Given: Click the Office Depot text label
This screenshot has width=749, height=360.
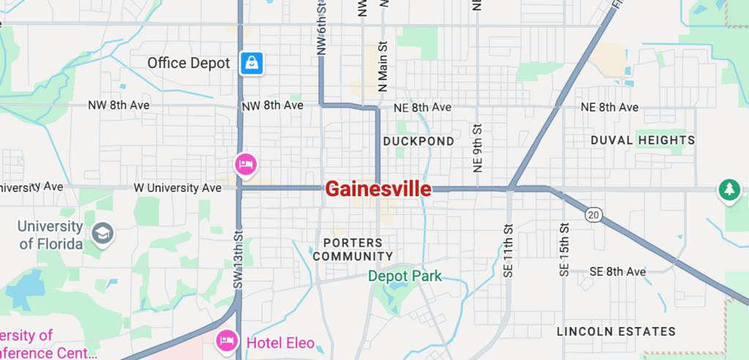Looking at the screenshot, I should [x=189, y=63].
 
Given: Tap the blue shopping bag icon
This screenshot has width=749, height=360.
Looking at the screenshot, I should [x=252, y=63].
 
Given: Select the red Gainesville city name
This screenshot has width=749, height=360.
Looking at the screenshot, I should [x=377, y=190].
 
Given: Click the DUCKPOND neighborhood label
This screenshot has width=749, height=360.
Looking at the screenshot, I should [x=418, y=140].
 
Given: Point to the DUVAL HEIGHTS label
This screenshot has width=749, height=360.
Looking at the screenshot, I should [x=642, y=140].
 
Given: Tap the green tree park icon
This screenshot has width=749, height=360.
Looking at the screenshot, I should [x=729, y=190].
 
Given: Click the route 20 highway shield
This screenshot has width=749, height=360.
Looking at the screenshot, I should [x=593, y=214].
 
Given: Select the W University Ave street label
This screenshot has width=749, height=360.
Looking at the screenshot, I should [x=177, y=188].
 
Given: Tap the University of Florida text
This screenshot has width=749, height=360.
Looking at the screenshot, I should [x=50, y=235].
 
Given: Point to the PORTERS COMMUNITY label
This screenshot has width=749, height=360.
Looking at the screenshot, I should [x=353, y=250].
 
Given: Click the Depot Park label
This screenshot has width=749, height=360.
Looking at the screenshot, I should [x=404, y=276].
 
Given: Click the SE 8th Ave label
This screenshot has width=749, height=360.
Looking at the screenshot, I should [x=618, y=271].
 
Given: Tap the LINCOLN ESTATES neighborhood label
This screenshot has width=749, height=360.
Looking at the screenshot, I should [x=616, y=331].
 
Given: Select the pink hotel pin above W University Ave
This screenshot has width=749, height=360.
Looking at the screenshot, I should [x=245, y=163].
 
